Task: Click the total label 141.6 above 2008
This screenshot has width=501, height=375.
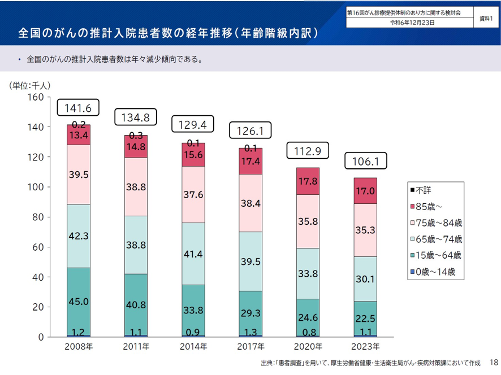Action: coord(79,108)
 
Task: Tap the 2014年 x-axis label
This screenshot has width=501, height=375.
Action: coord(193,346)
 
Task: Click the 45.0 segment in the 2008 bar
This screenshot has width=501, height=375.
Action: coord(79,302)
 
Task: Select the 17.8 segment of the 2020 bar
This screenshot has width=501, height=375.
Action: coord(308,181)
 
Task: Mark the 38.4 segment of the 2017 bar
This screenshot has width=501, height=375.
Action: coord(250,203)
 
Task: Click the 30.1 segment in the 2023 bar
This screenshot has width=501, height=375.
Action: coord(365,279)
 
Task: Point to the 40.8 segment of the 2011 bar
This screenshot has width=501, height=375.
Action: coord(136,304)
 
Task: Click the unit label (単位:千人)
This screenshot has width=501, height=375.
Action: coord(31,86)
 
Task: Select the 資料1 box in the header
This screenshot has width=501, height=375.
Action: coord(486,19)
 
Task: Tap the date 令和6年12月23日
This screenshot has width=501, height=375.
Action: coord(412,23)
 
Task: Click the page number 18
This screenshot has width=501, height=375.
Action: coord(493,361)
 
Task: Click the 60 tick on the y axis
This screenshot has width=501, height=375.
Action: coord(38,247)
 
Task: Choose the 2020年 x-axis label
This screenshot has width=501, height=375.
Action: coord(308,346)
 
